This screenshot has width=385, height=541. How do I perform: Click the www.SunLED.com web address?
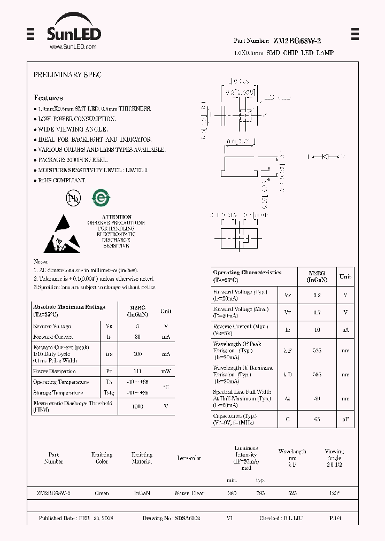pyautogui.click(x=73, y=47)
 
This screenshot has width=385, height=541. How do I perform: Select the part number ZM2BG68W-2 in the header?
pyautogui.click(x=297, y=41)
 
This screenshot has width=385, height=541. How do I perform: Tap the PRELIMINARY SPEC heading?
pyautogui.click(x=67, y=75)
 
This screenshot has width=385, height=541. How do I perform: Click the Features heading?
pyautogui.click(x=48, y=98)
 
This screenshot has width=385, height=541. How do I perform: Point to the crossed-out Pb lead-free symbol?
pyautogui.click(x=73, y=198)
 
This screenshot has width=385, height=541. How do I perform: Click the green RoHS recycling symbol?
pyautogui.click(x=100, y=198)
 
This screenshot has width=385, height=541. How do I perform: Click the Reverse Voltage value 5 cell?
pyautogui.click(x=138, y=326)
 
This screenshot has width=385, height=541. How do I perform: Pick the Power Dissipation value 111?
pyautogui.click(x=138, y=371)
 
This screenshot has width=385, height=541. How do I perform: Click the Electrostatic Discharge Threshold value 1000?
pyautogui.click(x=138, y=406)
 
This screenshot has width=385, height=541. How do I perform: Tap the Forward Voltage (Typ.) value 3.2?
pyautogui.click(x=317, y=295)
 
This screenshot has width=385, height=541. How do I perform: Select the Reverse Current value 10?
pyautogui.click(x=317, y=330)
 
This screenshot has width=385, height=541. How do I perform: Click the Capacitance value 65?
pyautogui.click(x=317, y=419)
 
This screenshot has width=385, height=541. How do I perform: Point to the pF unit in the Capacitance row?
pyautogui.click(x=345, y=419)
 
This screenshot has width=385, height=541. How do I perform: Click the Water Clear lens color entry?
pyautogui.click(x=189, y=493)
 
